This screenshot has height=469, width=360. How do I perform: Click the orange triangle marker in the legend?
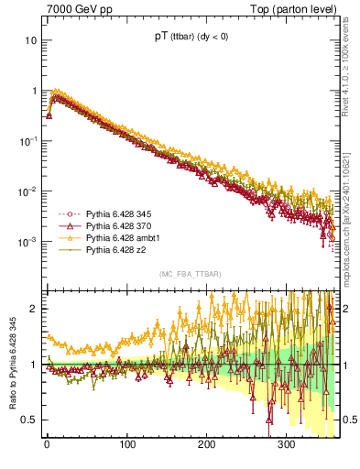coord(67,237)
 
